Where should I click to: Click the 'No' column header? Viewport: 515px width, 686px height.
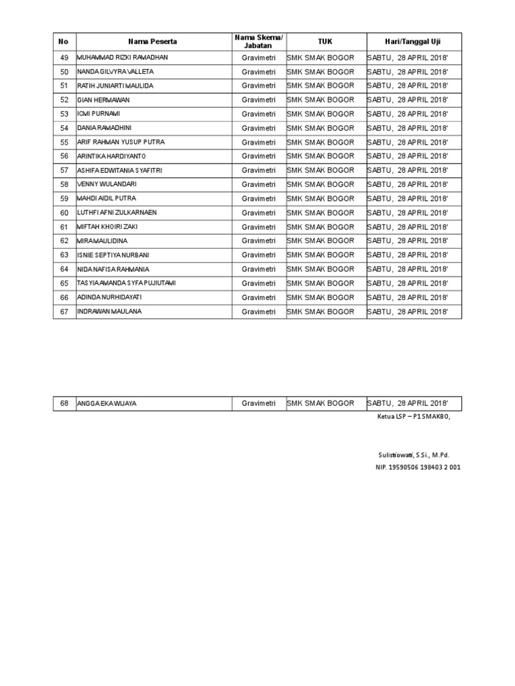pos(64,42)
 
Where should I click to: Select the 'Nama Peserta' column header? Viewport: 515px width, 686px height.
pos(153,42)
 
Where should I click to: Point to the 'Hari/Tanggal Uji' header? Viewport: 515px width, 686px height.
pos(413,42)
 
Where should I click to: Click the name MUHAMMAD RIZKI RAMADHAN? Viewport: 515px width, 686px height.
pos(123,58)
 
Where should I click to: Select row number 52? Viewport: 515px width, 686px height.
pos(64,100)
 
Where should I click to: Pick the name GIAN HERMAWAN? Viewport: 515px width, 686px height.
pos(104,100)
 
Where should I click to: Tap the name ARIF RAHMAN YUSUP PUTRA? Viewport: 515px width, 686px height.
pos(121,142)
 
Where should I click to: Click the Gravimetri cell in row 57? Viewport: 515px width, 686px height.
pos(258,170)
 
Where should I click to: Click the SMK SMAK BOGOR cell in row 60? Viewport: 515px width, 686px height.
pos(321,212)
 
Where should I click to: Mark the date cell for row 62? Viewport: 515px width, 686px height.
pos(407,241)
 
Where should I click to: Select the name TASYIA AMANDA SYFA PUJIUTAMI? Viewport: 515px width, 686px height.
pos(127,283)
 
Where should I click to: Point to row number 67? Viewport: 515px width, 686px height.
pos(64,312)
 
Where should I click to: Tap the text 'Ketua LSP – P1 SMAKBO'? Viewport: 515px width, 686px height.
pos(413,417)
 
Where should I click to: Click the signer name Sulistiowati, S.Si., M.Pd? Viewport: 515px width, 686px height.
pos(414,455)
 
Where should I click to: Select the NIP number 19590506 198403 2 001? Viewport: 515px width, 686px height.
pos(418,467)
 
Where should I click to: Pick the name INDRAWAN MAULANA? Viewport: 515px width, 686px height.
pos(109,312)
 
